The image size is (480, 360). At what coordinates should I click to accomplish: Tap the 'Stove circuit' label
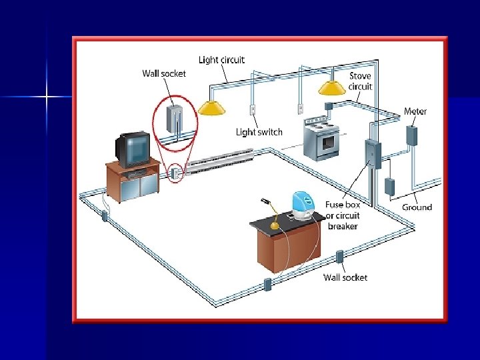(x=361, y=81)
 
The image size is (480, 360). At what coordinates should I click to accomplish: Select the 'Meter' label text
(x=415, y=111)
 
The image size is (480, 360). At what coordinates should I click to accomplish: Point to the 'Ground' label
(x=417, y=207)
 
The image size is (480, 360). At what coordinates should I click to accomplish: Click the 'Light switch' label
(x=259, y=132)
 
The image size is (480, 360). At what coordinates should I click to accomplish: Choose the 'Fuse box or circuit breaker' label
(x=343, y=215)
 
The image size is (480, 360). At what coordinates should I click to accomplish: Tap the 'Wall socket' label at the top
(x=164, y=73)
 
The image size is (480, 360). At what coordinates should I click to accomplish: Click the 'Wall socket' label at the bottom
(x=345, y=277)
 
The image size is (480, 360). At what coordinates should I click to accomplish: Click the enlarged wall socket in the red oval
(x=175, y=121)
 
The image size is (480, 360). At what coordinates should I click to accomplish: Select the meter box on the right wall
(x=412, y=135)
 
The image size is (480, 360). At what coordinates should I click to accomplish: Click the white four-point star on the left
(x=47, y=97)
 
